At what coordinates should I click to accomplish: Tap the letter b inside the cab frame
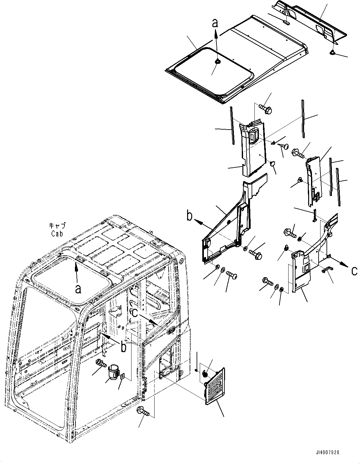click(x=124, y=347)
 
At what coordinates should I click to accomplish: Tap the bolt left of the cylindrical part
click(x=101, y=364)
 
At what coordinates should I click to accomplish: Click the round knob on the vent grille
click(x=204, y=375)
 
